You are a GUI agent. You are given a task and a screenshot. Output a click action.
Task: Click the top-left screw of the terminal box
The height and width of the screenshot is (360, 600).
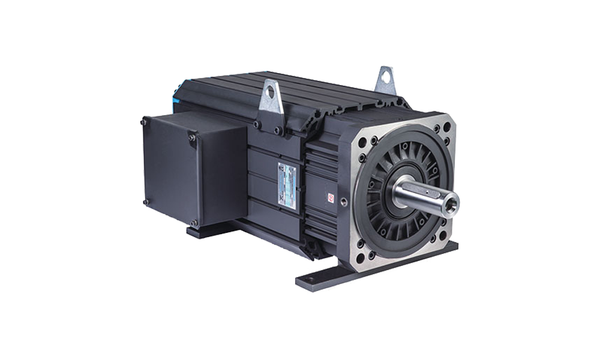point(143,122)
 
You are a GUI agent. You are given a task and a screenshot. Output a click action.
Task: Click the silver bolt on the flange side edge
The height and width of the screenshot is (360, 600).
point(343,201)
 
